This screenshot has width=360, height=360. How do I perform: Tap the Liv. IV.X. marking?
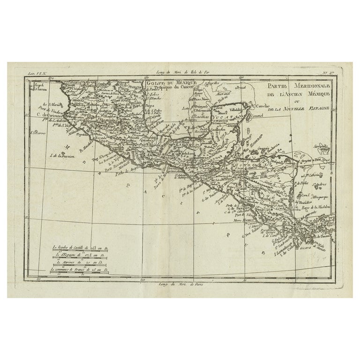(x=36, y=73)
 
